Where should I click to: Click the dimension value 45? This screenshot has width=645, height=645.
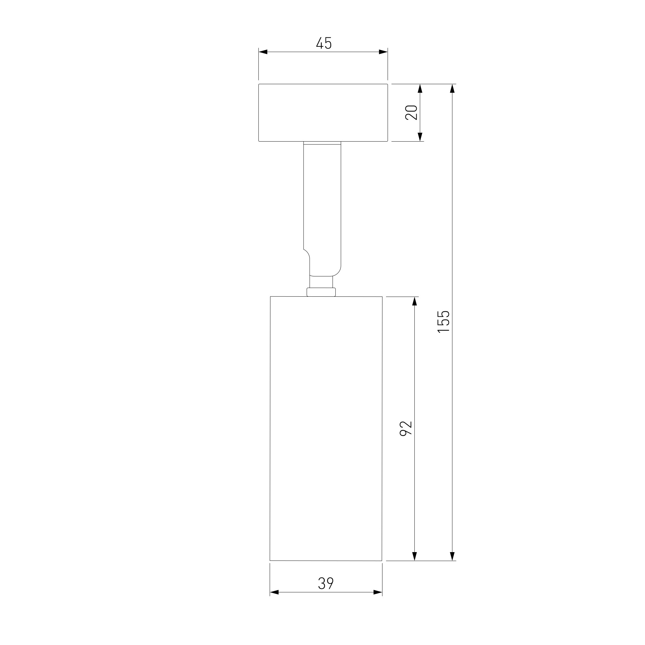[324, 44]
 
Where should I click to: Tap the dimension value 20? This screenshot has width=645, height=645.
[411, 113]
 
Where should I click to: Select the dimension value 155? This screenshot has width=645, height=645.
[444, 322]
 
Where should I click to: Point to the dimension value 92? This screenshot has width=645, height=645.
[406, 428]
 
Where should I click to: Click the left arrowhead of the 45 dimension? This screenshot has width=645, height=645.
[263, 52]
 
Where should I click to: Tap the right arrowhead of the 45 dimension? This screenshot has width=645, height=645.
[383, 52]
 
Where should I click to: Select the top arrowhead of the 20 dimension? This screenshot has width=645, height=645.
[420, 88]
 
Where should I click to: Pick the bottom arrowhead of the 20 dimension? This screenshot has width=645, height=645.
[420, 137]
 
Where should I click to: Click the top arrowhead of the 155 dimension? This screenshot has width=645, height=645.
[452, 88]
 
